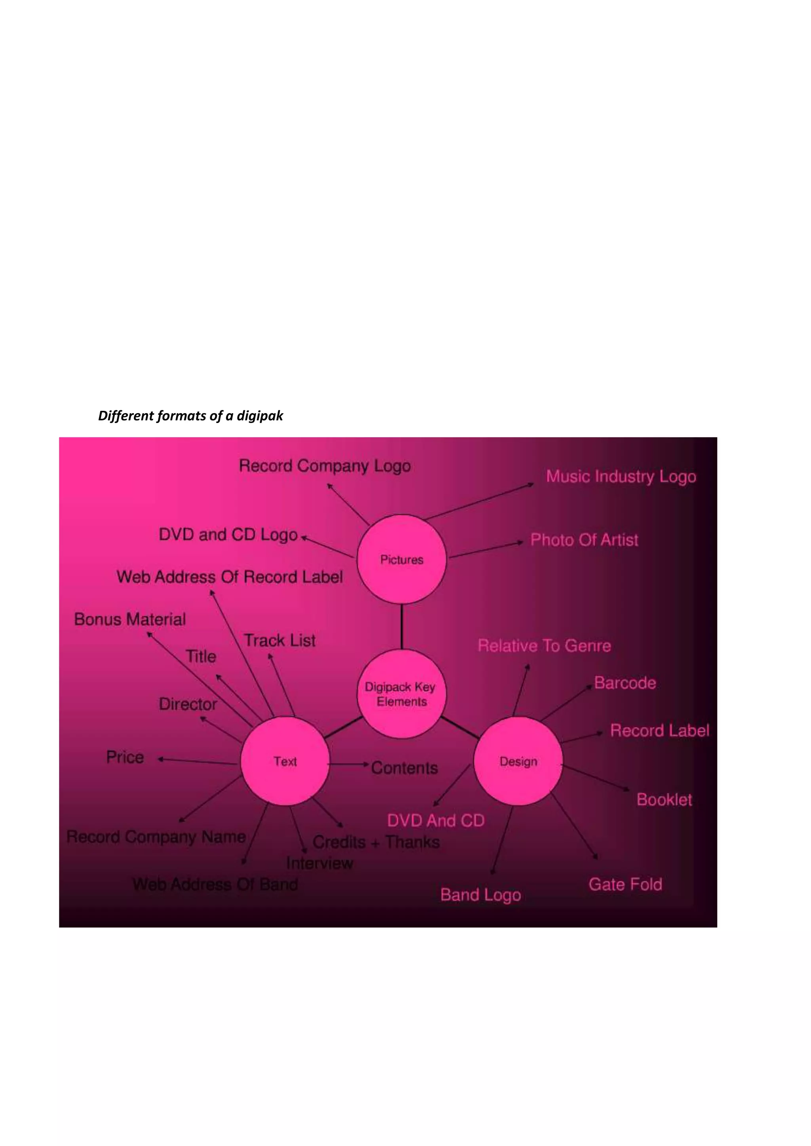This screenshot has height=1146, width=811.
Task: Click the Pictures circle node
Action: click(x=402, y=559)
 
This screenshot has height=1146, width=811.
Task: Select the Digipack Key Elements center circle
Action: click(x=402, y=694)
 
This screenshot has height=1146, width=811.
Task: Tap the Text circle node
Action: click(x=285, y=761)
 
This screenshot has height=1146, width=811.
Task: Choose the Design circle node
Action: click(x=518, y=761)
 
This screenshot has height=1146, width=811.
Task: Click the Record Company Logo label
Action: click(x=325, y=466)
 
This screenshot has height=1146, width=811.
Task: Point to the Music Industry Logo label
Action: click(x=621, y=477)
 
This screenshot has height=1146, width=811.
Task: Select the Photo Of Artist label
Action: click(x=584, y=540)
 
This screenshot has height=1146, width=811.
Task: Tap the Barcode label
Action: click(x=625, y=683)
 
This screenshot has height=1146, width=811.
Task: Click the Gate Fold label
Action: click(x=625, y=884)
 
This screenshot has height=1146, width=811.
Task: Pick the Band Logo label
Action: click(x=480, y=894)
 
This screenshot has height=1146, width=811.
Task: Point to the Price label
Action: click(x=125, y=757)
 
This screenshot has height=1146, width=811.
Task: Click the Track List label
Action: click(x=280, y=640)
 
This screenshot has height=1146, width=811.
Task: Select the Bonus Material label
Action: click(x=130, y=619)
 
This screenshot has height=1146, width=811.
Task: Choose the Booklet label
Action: click(x=664, y=800)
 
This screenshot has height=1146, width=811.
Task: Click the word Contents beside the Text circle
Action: click(x=404, y=768)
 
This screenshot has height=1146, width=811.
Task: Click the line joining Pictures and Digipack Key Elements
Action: click(x=402, y=626)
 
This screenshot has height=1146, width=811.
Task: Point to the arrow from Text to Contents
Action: click(x=348, y=764)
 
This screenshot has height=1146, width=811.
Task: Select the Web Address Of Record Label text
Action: click(x=230, y=577)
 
